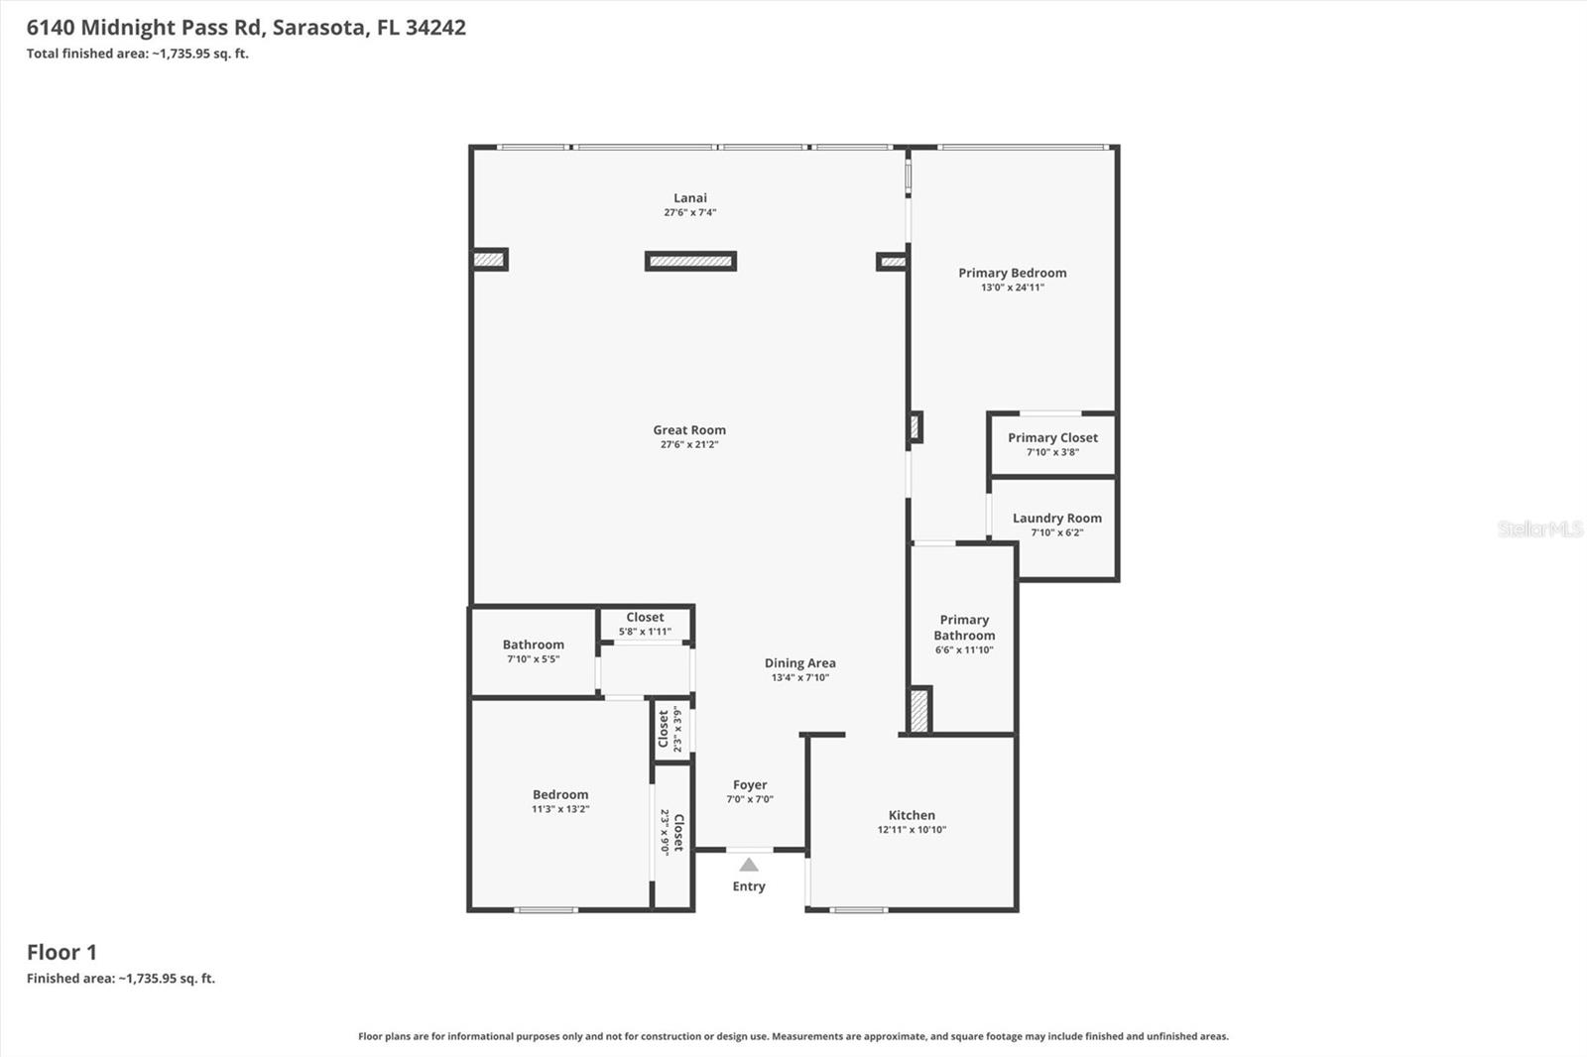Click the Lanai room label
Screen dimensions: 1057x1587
(690, 198)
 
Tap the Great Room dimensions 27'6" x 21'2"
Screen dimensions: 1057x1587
(689, 445)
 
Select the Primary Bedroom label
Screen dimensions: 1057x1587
(1012, 273)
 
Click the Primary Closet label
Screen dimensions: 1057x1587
(1052, 437)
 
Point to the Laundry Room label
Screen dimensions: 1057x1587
(1056, 518)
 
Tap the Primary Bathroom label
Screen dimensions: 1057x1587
(964, 628)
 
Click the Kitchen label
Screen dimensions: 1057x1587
(912, 815)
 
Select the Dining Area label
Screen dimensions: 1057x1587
(799, 663)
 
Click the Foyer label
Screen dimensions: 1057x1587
(750, 784)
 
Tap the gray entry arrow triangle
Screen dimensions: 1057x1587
(749, 866)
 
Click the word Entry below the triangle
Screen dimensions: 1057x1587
(749, 886)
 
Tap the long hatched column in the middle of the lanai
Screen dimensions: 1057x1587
(690, 262)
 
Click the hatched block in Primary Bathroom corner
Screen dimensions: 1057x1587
(919, 711)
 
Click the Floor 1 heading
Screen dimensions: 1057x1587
(61, 952)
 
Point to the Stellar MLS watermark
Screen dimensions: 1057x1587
(1539, 528)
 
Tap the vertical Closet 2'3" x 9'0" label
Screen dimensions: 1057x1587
(672, 832)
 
